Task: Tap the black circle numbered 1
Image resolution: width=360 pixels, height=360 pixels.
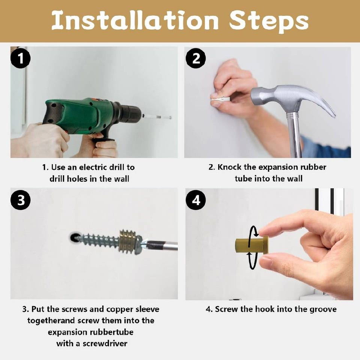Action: point(20,58)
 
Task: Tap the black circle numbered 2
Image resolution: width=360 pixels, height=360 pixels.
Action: point(196,58)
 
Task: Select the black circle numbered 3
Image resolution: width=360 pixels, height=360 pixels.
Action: point(21,200)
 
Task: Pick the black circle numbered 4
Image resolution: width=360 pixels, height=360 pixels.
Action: point(196,200)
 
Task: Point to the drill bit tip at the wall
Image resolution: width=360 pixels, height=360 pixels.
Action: point(171,117)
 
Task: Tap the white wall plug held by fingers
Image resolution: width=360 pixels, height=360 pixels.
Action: point(220,99)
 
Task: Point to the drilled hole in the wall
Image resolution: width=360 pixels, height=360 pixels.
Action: point(74,238)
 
